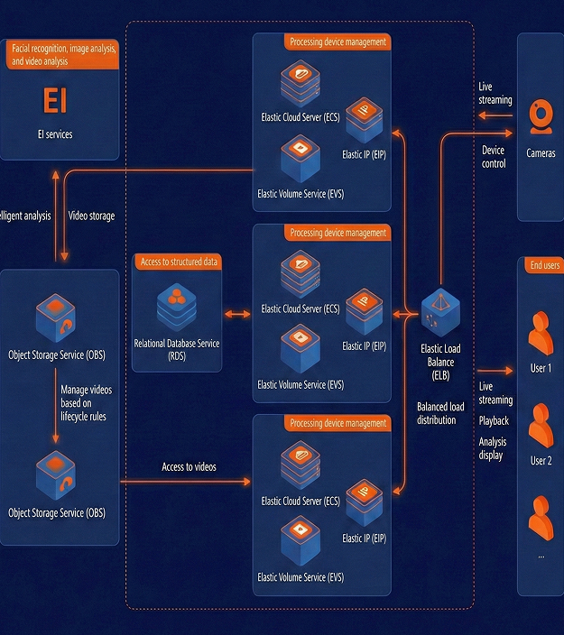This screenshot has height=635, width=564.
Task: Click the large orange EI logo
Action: coord(54,100)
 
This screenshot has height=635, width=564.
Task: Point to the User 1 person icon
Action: coord(540,333)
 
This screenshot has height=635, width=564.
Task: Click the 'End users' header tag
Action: coord(545,265)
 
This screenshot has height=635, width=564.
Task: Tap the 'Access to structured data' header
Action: coord(180,262)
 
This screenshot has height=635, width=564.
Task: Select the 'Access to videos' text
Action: coord(189,467)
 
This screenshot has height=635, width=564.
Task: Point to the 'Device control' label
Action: coord(494,157)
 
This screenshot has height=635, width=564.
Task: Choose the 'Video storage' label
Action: coord(91,216)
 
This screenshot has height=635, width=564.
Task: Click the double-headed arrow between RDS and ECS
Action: coord(236,314)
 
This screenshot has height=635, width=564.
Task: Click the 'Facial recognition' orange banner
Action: coord(63,55)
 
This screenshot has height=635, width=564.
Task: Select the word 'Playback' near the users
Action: coord(494,421)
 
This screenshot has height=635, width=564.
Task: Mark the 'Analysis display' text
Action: coord(492,448)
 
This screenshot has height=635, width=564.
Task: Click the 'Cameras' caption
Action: coord(541,153)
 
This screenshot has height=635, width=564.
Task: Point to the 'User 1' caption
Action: coord(541,369)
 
